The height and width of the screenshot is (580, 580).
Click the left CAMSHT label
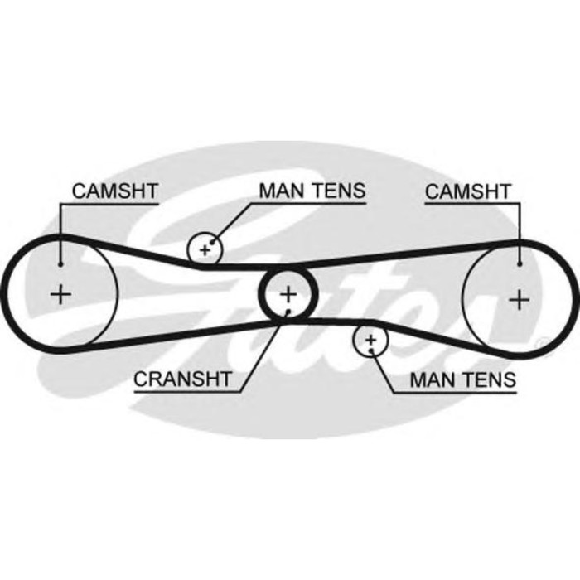click(x=114, y=190)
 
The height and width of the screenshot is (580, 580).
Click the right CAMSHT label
click(x=466, y=191)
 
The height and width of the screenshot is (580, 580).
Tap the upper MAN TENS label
click(x=312, y=190)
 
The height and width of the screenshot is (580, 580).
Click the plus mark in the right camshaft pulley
click(x=519, y=297)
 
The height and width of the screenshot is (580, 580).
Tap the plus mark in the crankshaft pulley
click(x=288, y=292)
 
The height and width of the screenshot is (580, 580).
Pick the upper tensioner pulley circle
click(x=205, y=248)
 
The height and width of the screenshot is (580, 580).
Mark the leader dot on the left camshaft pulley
click(x=60, y=264)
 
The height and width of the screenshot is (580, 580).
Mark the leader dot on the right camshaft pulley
click(x=519, y=264)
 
